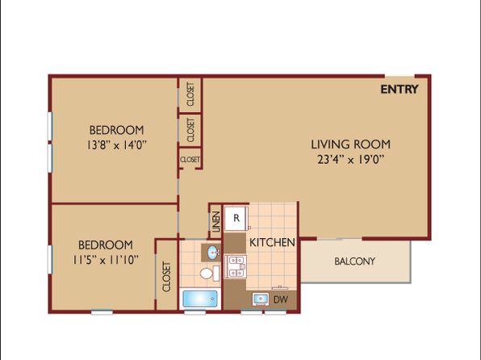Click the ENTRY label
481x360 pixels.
pyautogui.click(x=399, y=90)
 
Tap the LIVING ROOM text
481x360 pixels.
pyautogui.click(x=351, y=144)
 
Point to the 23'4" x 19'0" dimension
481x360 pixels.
pyautogui.click(x=351, y=160)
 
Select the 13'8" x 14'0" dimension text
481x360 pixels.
pyautogui.click(x=116, y=144)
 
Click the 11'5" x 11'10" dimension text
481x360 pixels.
pyautogui.click(x=106, y=260)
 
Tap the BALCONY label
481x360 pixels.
pyautogui.click(x=354, y=262)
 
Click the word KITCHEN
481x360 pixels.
pyautogui.click(x=272, y=242)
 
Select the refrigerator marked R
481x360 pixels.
pyautogui.click(x=236, y=218)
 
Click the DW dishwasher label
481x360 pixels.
pyautogui.click(x=280, y=299)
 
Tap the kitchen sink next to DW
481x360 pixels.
pyautogui.click(x=261, y=299)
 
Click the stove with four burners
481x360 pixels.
pyautogui.click(x=236, y=266)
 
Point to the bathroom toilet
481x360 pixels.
pyautogui.click(x=210, y=273)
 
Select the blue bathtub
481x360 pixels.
pyautogui.click(x=200, y=299)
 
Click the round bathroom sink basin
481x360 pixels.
pyautogui.click(x=213, y=253)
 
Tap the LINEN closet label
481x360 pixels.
pyautogui.click(x=216, y=222)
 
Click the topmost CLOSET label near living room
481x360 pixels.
pyautogui.click(x=190, y=94)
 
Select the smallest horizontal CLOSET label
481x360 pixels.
pyautogui.click(x=190, y=160)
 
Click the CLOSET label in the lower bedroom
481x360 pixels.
pyautogui.click(x=166, y=277)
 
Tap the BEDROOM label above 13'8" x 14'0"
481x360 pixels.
pyautogui.click(x=116, y=130)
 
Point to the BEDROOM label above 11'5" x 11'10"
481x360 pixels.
pyautogui.click(x=106, y=245)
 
